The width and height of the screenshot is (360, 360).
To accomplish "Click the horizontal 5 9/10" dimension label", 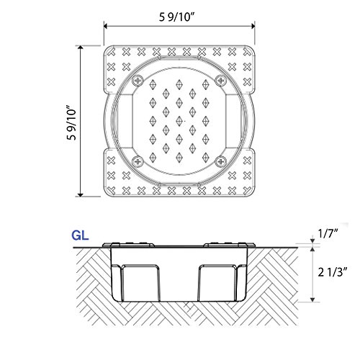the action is tap(176, 17).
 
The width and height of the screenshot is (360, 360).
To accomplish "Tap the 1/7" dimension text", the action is tap(328, 233).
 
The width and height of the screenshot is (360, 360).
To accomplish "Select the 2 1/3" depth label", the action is tap(333, 272).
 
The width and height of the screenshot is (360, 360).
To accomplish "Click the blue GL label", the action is tap(80, 235).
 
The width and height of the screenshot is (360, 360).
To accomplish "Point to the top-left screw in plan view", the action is tap(138, 81).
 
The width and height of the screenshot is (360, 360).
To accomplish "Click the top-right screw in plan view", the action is tap(220, 81).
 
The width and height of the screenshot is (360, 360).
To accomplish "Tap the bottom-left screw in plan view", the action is tap(138, 161).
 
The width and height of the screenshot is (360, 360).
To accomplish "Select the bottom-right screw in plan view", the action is tap(220, 161).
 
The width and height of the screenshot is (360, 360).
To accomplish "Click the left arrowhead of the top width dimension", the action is tap(106, 26).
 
